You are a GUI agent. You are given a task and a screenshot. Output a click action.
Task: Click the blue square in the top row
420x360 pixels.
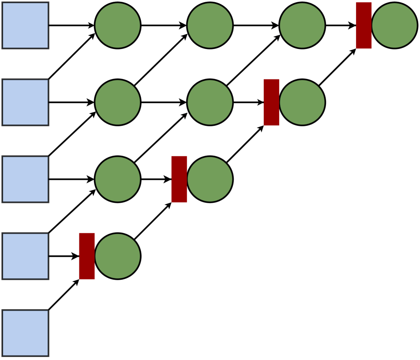point(25,25)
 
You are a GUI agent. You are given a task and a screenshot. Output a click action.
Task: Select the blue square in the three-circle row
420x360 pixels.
point(25,102)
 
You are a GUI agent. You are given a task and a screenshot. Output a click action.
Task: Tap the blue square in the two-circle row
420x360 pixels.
point(25,179)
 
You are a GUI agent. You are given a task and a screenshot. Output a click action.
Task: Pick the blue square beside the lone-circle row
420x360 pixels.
point(25,256)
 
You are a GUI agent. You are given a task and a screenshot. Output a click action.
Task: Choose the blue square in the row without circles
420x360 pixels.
point(25,333)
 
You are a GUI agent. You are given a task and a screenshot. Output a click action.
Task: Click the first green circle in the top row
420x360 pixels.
point(117,25)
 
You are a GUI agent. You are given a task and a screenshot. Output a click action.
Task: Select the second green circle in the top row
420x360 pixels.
point(210,25)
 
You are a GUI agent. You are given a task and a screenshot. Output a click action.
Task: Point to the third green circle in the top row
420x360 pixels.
point(302,25)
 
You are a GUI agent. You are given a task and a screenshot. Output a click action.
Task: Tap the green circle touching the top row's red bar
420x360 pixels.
point(394,25)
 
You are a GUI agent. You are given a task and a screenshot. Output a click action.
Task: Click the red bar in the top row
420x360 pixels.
point(364,25)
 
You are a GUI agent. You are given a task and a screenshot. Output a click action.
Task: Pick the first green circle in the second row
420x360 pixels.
point(117,102)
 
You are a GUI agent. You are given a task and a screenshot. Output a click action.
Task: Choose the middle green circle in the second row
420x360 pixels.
point(210,102)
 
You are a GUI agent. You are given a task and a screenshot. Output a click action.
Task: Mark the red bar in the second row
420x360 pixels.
point(271,102)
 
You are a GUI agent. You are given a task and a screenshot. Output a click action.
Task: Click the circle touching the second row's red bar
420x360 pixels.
point(302,102)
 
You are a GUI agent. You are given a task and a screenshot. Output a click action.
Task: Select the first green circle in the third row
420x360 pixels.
point(117,179)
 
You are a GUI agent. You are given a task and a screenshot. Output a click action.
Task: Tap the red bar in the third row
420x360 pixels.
point(179,179)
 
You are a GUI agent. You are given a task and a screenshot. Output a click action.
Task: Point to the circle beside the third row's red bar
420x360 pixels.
point(210,179)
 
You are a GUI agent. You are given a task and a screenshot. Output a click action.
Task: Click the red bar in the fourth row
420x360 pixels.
point(86,256)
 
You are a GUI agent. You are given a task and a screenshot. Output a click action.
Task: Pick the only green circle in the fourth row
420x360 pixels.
point(117,256)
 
